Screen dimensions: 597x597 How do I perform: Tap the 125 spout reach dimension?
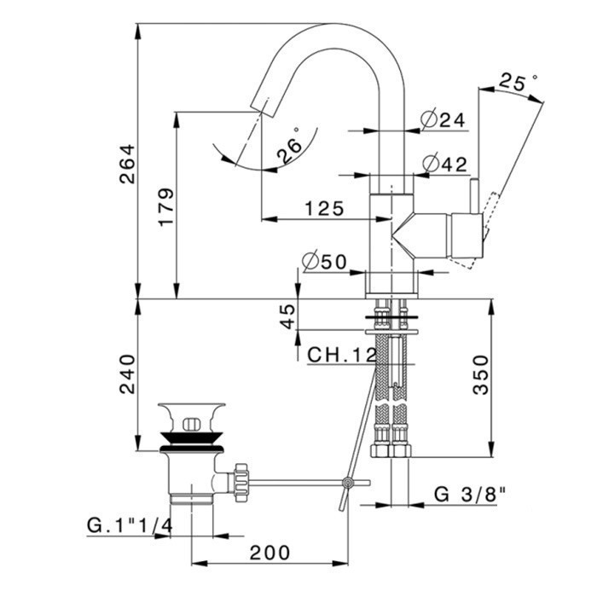click(324, 207)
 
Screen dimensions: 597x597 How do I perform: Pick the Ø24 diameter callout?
click(443, 119)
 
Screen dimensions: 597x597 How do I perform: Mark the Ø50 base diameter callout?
click(324, 262)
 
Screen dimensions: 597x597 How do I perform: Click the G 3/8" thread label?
click(470, 493)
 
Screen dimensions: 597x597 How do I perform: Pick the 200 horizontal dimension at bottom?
click(270, 553)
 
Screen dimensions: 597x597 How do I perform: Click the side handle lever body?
click(464, 234)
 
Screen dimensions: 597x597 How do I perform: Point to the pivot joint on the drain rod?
click(348, 484)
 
